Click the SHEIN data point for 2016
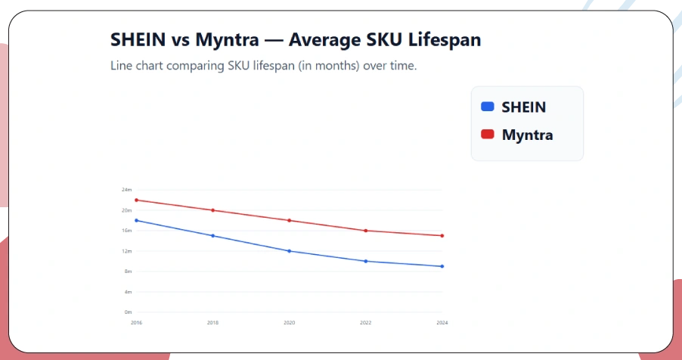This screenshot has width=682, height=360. [136, 220]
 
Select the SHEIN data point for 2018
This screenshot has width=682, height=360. [213, 236]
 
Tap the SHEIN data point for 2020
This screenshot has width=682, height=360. [290, 251]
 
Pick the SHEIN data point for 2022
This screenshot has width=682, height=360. [366, 261]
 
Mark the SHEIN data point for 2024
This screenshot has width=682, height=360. [442, 266]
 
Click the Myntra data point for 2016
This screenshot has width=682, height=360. [136, 200]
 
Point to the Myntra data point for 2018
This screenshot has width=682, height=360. [213, 210]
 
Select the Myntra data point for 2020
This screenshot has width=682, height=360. [290, 220]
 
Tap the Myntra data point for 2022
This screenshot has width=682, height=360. [366, 231]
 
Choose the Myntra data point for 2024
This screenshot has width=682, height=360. [442, 235]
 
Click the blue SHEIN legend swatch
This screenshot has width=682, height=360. [488, 107]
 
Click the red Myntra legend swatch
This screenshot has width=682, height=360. [488, 135]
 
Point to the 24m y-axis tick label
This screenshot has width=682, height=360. [127, 190]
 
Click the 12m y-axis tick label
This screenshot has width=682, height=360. [127, 251]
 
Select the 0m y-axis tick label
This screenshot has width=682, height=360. [128, 312]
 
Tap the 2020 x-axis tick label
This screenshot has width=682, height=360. [290, 323]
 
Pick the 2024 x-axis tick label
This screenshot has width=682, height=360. [442, 323]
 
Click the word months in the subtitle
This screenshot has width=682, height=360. [336, 66]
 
